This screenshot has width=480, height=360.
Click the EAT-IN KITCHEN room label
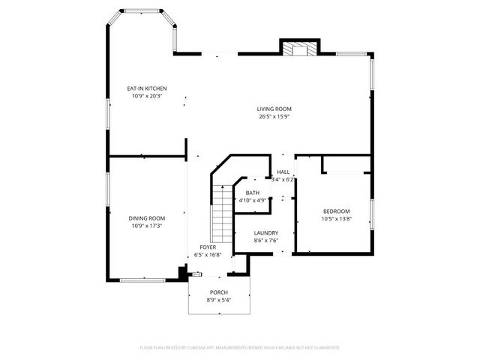point(147,88)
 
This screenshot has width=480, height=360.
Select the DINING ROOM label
point(147,217)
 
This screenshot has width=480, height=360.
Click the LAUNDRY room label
point(266,233)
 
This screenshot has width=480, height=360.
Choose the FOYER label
point(208,247)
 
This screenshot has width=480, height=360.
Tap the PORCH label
point(219,292)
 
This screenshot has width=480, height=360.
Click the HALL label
point(283,172)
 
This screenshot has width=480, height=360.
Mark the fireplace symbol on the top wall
point(298,48)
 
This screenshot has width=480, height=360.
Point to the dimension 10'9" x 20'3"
point(147,96)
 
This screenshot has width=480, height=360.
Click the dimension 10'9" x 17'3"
point(147,225)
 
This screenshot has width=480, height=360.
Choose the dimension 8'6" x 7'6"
point(266,241)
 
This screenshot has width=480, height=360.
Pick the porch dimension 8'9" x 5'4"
point(219,300)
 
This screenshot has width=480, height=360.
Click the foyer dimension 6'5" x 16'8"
point(208,254)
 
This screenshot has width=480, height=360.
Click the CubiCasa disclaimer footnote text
point(240,347)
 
